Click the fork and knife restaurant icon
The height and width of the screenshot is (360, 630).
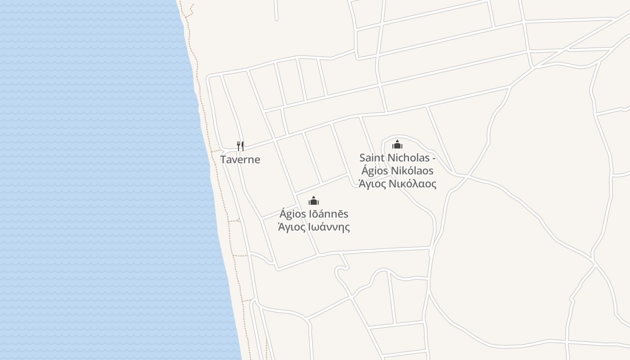tap(240, 146)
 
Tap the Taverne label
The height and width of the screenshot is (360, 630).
tap(240, 160)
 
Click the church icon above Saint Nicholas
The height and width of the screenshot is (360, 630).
tap(397, 144)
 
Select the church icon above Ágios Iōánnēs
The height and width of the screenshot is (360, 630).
tap(314, 201)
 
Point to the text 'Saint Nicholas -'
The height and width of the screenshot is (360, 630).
tap(397, 158)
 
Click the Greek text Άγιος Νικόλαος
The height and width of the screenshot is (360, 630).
tap(397, 184)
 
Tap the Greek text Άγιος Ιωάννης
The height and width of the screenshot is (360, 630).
tap(314, 227)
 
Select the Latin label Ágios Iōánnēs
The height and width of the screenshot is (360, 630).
tap(314, 214)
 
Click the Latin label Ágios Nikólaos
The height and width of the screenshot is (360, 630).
tap(397, 171)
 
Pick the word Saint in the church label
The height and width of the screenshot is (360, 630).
tap(370, 158)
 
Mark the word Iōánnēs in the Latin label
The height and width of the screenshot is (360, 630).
tap(328, 214)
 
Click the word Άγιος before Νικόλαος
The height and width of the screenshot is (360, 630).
tap(372, 184)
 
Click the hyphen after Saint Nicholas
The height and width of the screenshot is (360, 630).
tap(434, 159)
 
